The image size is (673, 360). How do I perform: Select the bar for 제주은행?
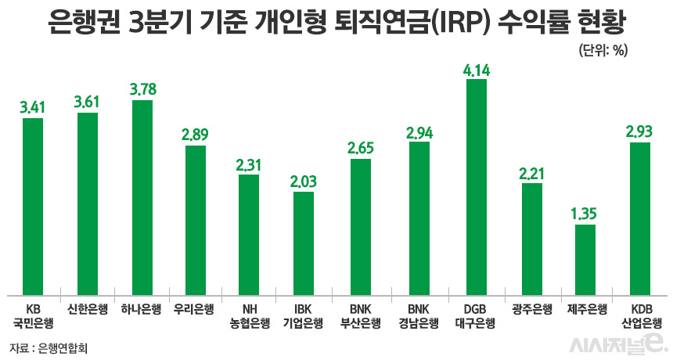point(585,259)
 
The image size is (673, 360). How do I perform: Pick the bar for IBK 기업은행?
point(304,242)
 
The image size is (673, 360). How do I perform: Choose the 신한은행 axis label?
point(87,308)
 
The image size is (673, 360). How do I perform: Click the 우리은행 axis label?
point(196,308)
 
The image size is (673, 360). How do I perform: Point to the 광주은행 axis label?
point(531,308)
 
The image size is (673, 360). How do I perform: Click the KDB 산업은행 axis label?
point(640,315)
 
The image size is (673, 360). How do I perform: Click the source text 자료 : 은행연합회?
point(49,347)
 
